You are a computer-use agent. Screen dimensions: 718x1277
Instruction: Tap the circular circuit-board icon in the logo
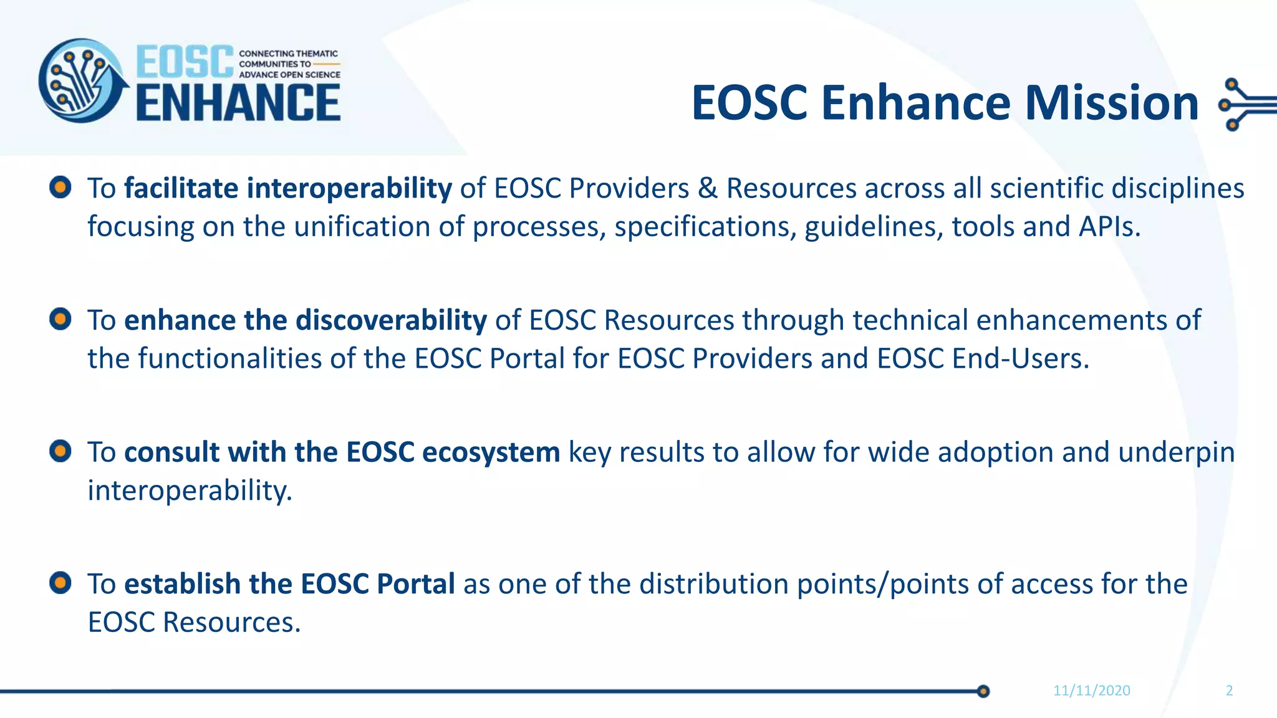[81, 81]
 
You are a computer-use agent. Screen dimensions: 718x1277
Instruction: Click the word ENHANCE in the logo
[238, 103]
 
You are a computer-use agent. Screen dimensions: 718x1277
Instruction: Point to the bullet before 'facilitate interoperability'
[60, 187]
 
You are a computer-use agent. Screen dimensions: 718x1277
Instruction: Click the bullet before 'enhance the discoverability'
[60, 319]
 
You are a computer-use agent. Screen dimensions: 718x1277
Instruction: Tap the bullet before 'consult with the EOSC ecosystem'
[60, 451]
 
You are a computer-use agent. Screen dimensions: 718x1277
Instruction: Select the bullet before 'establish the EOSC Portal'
[60, 583]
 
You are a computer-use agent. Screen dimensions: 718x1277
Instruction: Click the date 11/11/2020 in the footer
[1091, 691]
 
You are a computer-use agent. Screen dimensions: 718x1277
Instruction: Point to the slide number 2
[1229, 691]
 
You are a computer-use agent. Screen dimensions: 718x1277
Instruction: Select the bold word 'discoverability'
[391, 320]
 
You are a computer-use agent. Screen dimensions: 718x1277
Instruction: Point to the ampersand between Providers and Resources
[708, 188]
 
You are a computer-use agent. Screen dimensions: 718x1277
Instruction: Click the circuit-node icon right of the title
[1244, 104]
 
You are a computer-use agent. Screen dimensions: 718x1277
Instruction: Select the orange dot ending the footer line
[983, 691]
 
